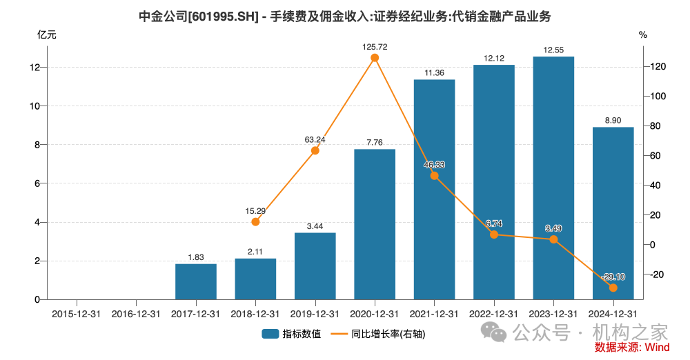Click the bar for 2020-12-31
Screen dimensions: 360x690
pos(375,224)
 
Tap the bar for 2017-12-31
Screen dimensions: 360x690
pos(196,281)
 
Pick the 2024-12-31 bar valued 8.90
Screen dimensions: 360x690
pos(613,213)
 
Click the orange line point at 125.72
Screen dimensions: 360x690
pos(375,58)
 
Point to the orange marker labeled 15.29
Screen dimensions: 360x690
pos(255,222)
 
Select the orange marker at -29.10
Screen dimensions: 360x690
pos(613,288)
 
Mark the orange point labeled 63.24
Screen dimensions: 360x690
pos(315,150)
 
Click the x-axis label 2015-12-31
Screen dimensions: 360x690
pos(77,313)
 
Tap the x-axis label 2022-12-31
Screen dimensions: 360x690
pos(494,313)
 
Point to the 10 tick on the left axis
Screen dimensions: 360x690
pos(36,106)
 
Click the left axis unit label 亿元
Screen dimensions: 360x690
pos(46,34)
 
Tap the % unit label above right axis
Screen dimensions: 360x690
pos(643,34)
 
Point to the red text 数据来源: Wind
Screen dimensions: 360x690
pos(631,347)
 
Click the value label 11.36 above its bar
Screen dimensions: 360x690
pos(434,72)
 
